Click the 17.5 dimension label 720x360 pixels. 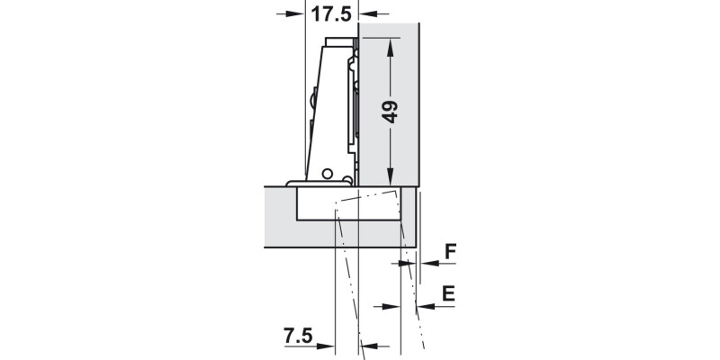click(331, 13)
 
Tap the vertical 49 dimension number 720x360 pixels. click(390, 112)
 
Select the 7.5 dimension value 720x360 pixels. click(298, 336)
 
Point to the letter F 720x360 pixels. click(451, 252)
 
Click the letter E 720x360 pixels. click(448, 293)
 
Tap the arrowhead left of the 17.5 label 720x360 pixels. click(296, 13)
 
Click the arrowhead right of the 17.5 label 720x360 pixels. click(368, 13)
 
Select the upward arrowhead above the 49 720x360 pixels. click(391, 48)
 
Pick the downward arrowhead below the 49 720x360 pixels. click(391, 176)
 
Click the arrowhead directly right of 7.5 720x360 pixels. click(326, 346)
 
